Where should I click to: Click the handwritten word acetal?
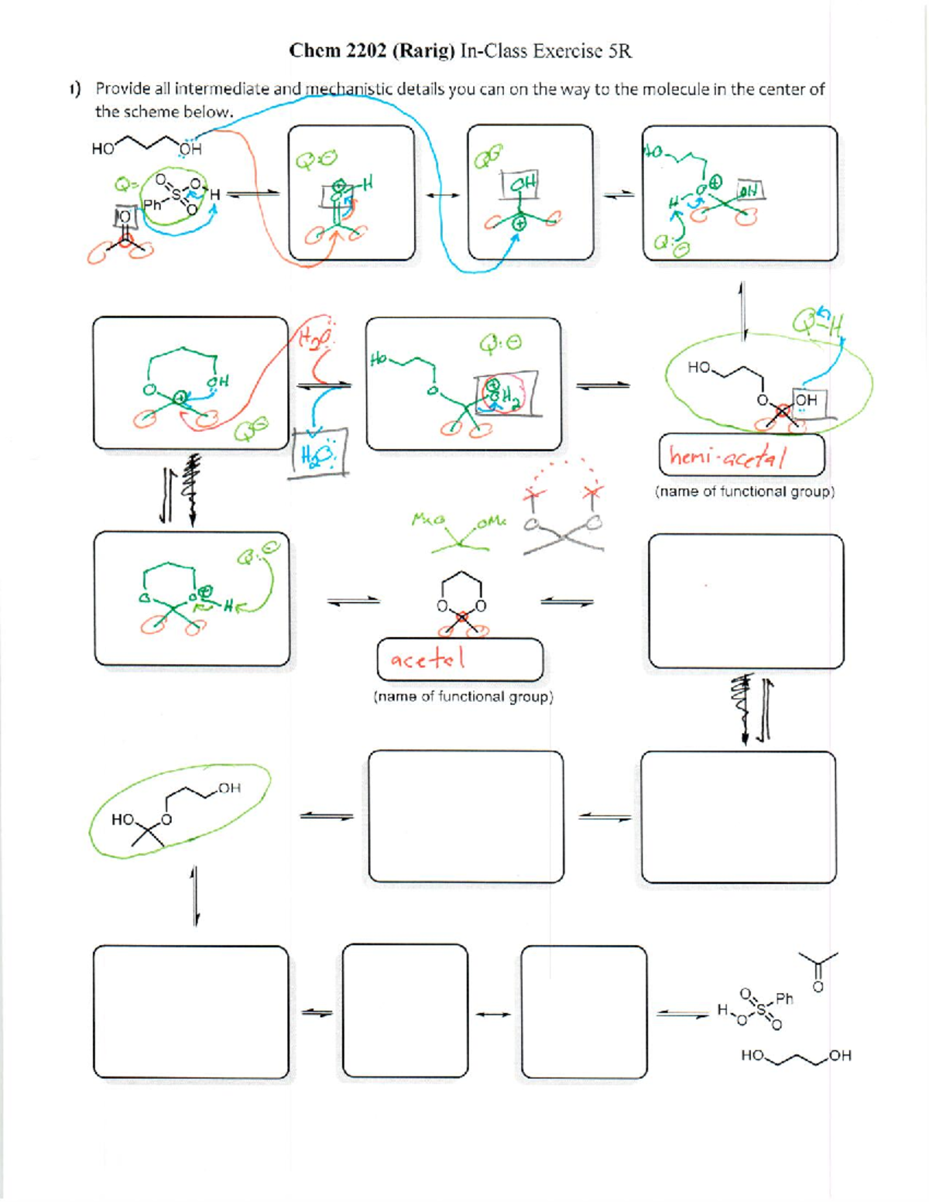pos(427,659)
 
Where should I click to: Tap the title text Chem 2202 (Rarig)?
pos(371,51)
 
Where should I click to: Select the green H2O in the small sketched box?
pos(317,454)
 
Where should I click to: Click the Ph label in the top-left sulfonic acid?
pos(153,204)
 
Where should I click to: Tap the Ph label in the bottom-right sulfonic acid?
pos(784,998)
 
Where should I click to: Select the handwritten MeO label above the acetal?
pos(428,520)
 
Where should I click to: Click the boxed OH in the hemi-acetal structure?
pos(805,400)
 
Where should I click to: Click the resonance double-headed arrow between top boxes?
pos(441,195)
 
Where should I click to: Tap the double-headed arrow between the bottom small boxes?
pos(494,1014)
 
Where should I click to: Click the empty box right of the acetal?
pos(746,601)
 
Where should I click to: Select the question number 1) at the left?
pos(74,90)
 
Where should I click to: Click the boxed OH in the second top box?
pos(523,184)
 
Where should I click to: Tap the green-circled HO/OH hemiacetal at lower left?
pos(178,811)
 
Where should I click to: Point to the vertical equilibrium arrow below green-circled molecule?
pos(195,896)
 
